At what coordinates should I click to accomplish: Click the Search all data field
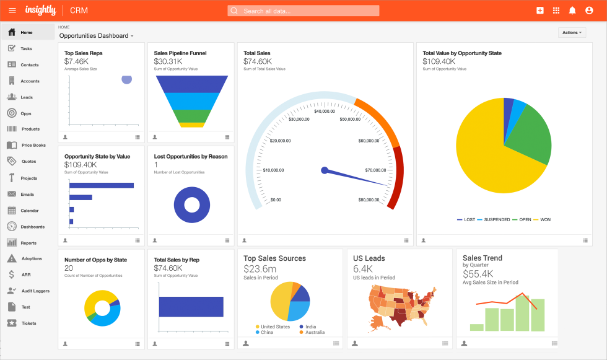coord(303,11)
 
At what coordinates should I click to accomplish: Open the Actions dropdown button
coord(572,32)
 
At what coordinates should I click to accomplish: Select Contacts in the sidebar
coord(29,65)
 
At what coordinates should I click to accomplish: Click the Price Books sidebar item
coord(33,146)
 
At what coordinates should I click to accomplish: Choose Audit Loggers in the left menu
coord(35,291)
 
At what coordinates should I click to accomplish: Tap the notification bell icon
coord(572,11)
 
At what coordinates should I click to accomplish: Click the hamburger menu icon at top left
coord(12,11)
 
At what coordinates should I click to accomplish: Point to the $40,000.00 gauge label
coord(325,112)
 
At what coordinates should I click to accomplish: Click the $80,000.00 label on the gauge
coord(372,200)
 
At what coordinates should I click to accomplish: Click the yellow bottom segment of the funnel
coord(192,125)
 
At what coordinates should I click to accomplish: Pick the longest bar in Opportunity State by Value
coord(102,185)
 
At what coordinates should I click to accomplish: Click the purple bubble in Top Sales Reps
coord(127,79)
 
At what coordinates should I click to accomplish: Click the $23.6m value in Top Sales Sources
coord(260,269)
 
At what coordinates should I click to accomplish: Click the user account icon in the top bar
coord(588,11)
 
